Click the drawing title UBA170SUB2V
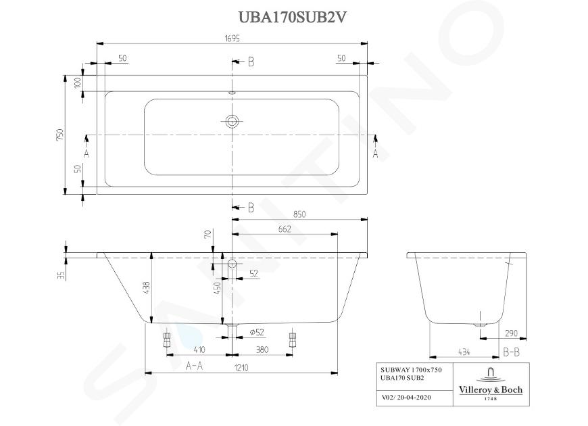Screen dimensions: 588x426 click(292, 18)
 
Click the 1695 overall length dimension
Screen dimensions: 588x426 click(232, 39)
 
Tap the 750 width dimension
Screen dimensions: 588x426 click(60, 135)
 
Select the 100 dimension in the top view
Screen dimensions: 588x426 click(78, 82)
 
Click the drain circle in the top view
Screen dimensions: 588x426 click(232, 121)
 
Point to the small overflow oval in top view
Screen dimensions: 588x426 click(232, 93)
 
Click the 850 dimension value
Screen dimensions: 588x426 click(299, 214)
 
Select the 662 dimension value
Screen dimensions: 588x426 click(285, 229)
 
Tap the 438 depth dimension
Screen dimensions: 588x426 click(146, 287)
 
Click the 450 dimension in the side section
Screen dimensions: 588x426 click(217, 288)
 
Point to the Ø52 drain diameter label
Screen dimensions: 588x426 click(257, 332)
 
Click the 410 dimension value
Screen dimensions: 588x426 click(199, 350)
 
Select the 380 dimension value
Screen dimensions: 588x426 click(262, 350)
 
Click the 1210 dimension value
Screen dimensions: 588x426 click(241, 368)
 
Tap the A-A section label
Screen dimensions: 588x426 click(194, 366)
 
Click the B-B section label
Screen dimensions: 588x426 click(511, 352)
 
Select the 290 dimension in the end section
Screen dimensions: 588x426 click(511, 333)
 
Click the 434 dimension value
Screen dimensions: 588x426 click(464, 352)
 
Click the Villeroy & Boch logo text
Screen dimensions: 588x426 click(491, 390)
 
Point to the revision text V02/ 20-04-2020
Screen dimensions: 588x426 click(406, 398)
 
